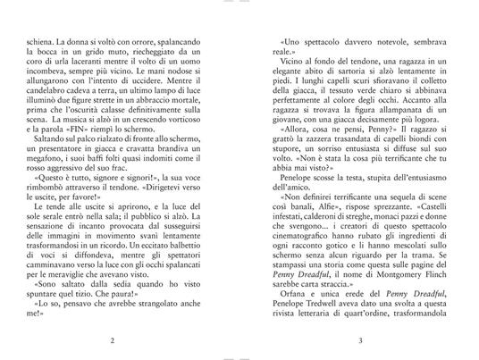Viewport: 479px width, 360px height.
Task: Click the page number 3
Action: coord(359,340)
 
